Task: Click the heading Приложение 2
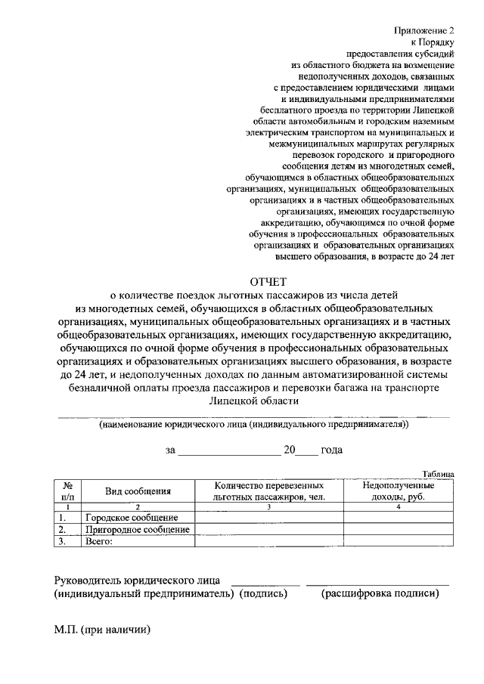tap(426, 31)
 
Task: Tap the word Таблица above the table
tap(438, 473)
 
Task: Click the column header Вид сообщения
tap(138, 491)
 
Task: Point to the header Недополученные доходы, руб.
tap(399, 491)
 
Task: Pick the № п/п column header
tap(68, 491)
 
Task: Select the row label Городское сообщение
tap(132, 518)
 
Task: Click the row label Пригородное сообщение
tap(137, 530)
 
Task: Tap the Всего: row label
tap(99, 541)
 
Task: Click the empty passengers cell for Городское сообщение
tap(269, 518)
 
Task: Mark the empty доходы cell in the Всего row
tap(399, 541)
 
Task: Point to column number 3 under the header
tap(269, 507)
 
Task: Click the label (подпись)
tap(264, 594)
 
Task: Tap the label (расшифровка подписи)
tap(380, 594)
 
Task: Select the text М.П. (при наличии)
tap(102, 630)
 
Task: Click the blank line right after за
tap(229, 450)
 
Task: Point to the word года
tap(331, 450)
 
